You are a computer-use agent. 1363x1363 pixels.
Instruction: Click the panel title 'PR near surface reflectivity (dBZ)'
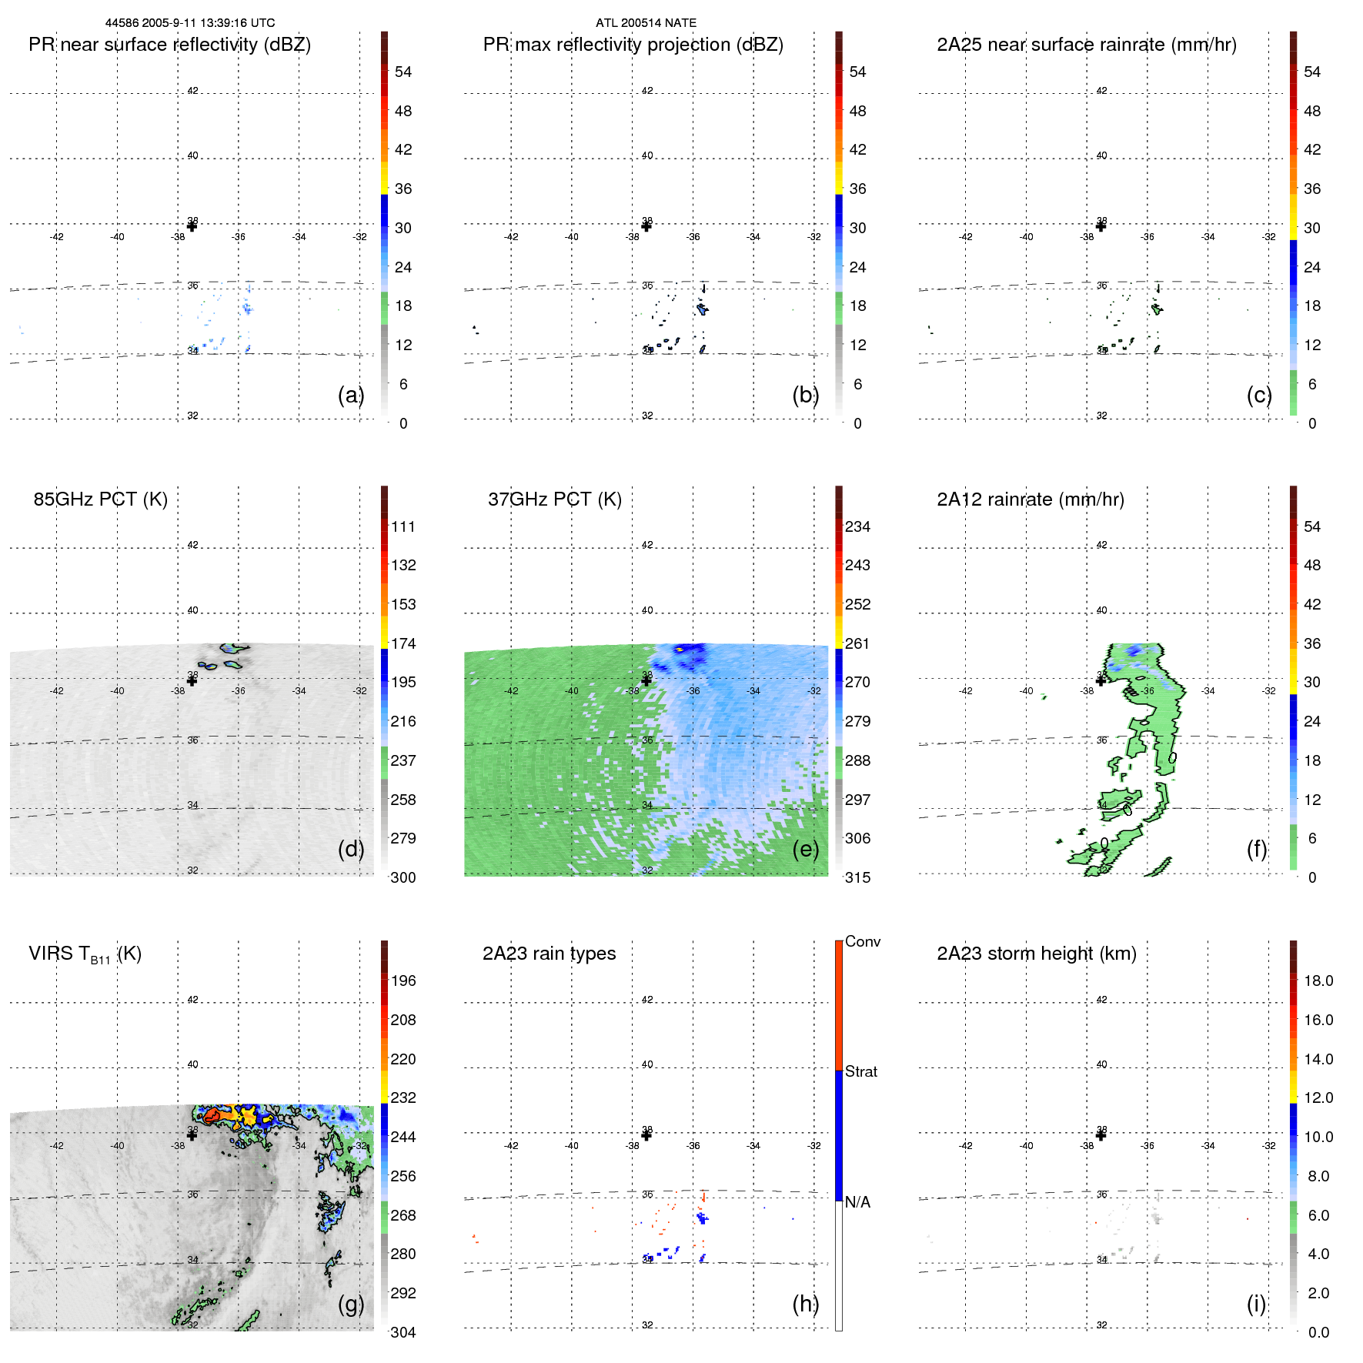tap(169, 45)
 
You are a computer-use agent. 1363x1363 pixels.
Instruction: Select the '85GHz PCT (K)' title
tap(100, 499)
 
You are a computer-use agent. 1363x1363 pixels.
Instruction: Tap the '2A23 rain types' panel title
tap(549, 954)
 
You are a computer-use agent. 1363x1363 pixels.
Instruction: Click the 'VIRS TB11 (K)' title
tap(85, 954)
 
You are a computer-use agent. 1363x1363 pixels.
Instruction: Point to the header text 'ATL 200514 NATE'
tap(646, 23)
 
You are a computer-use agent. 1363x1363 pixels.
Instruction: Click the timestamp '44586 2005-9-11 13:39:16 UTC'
tap(189, 23)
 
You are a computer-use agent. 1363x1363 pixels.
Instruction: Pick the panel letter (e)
tap(805, 849)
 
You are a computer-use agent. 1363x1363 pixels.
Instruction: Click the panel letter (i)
tap(1256, 1304)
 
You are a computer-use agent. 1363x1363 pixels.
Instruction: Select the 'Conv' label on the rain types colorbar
tap(862, 942)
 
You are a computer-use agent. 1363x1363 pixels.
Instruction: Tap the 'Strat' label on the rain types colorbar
tap(860, 1072)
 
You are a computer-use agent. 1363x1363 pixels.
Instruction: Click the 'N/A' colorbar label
tap(857, 1202)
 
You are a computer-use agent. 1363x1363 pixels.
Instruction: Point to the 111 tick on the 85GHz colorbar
tap(403, 527)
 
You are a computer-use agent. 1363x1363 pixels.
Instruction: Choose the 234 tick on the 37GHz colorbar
tap(857, 527)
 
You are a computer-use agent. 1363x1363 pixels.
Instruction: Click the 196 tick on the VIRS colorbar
tap(403, 981)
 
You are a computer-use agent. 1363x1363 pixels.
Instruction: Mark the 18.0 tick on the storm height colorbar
tap(1318, 981)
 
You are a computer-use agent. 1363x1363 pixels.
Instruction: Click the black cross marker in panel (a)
tap(192, 226)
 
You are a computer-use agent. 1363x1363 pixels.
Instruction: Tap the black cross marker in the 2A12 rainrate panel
tap(1101, 680)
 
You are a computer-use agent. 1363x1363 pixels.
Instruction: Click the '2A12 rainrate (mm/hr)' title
tap(1030, 499)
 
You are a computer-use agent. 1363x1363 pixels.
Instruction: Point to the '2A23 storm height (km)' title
tap(1036, 954)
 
